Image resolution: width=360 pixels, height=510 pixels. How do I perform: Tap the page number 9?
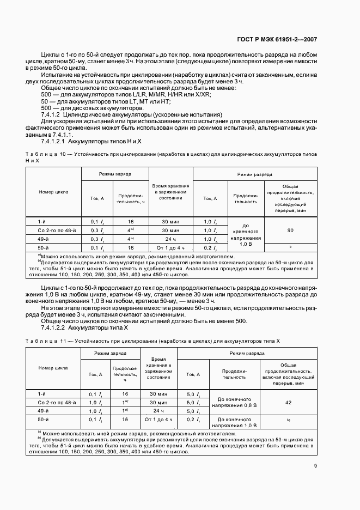(x=315, y=465)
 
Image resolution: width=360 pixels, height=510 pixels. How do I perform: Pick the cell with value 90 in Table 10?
(x=290, y=230)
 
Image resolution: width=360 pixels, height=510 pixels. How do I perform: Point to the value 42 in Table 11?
(x=288, y=402)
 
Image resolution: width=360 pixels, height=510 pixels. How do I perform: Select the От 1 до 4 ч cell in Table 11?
(x=158, y=420)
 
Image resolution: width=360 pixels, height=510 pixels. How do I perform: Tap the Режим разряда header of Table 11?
(x=247, y=354)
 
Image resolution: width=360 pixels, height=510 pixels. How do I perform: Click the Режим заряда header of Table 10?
(x=115, y=174)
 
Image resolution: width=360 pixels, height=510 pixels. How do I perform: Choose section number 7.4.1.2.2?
(x=57, y=329)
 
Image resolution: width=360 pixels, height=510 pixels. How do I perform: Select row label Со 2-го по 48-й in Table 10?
(x=53, y=230)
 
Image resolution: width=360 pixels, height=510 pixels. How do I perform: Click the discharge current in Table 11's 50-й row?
(x=191, y=420)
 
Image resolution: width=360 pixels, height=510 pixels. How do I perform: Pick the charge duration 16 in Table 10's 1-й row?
(x=131, y=222)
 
